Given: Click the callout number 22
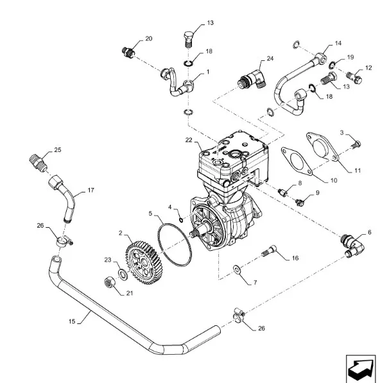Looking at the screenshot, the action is (x=189, y=140).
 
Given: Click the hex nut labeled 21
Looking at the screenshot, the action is (x=110, y=282).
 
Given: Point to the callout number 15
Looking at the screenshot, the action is (x=72, y=321).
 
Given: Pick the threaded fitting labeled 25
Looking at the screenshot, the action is (x=38, y=162).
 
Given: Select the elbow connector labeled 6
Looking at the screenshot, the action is (x=352, y=245).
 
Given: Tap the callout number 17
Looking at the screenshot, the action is (x=91, y=190).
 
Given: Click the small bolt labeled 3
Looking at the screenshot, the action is (x=356, y=144).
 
